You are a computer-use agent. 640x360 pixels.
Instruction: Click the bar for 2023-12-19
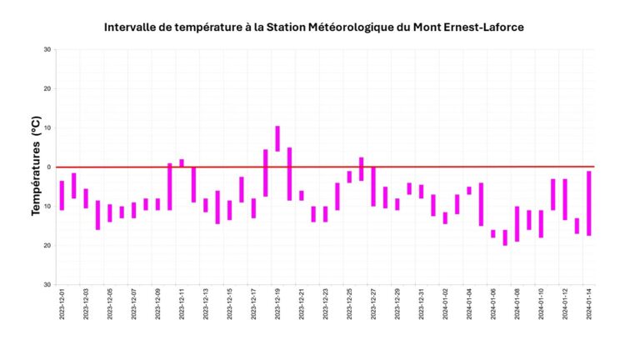tap(277, 138)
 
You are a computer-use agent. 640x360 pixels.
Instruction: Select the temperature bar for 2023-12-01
tap(62, 195)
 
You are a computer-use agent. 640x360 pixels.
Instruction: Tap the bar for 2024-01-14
tap(589, 203)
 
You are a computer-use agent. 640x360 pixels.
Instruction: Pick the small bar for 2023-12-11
tap(182, 163)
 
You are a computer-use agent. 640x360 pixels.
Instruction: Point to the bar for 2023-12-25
tap(349, 177)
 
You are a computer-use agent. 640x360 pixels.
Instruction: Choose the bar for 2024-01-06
tap(493, 234)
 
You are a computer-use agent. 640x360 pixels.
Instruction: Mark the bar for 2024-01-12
tap(565, 199)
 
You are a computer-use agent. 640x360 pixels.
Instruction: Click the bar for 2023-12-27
tap(373, 187)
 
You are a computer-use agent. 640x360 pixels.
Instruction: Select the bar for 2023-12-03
tap(86, 198)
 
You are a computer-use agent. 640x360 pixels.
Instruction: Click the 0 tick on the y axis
tap(48, 167)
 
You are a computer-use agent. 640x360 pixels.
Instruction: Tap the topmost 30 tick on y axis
tap(47, 50)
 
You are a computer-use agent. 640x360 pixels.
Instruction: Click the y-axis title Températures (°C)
tap(37, 167)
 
